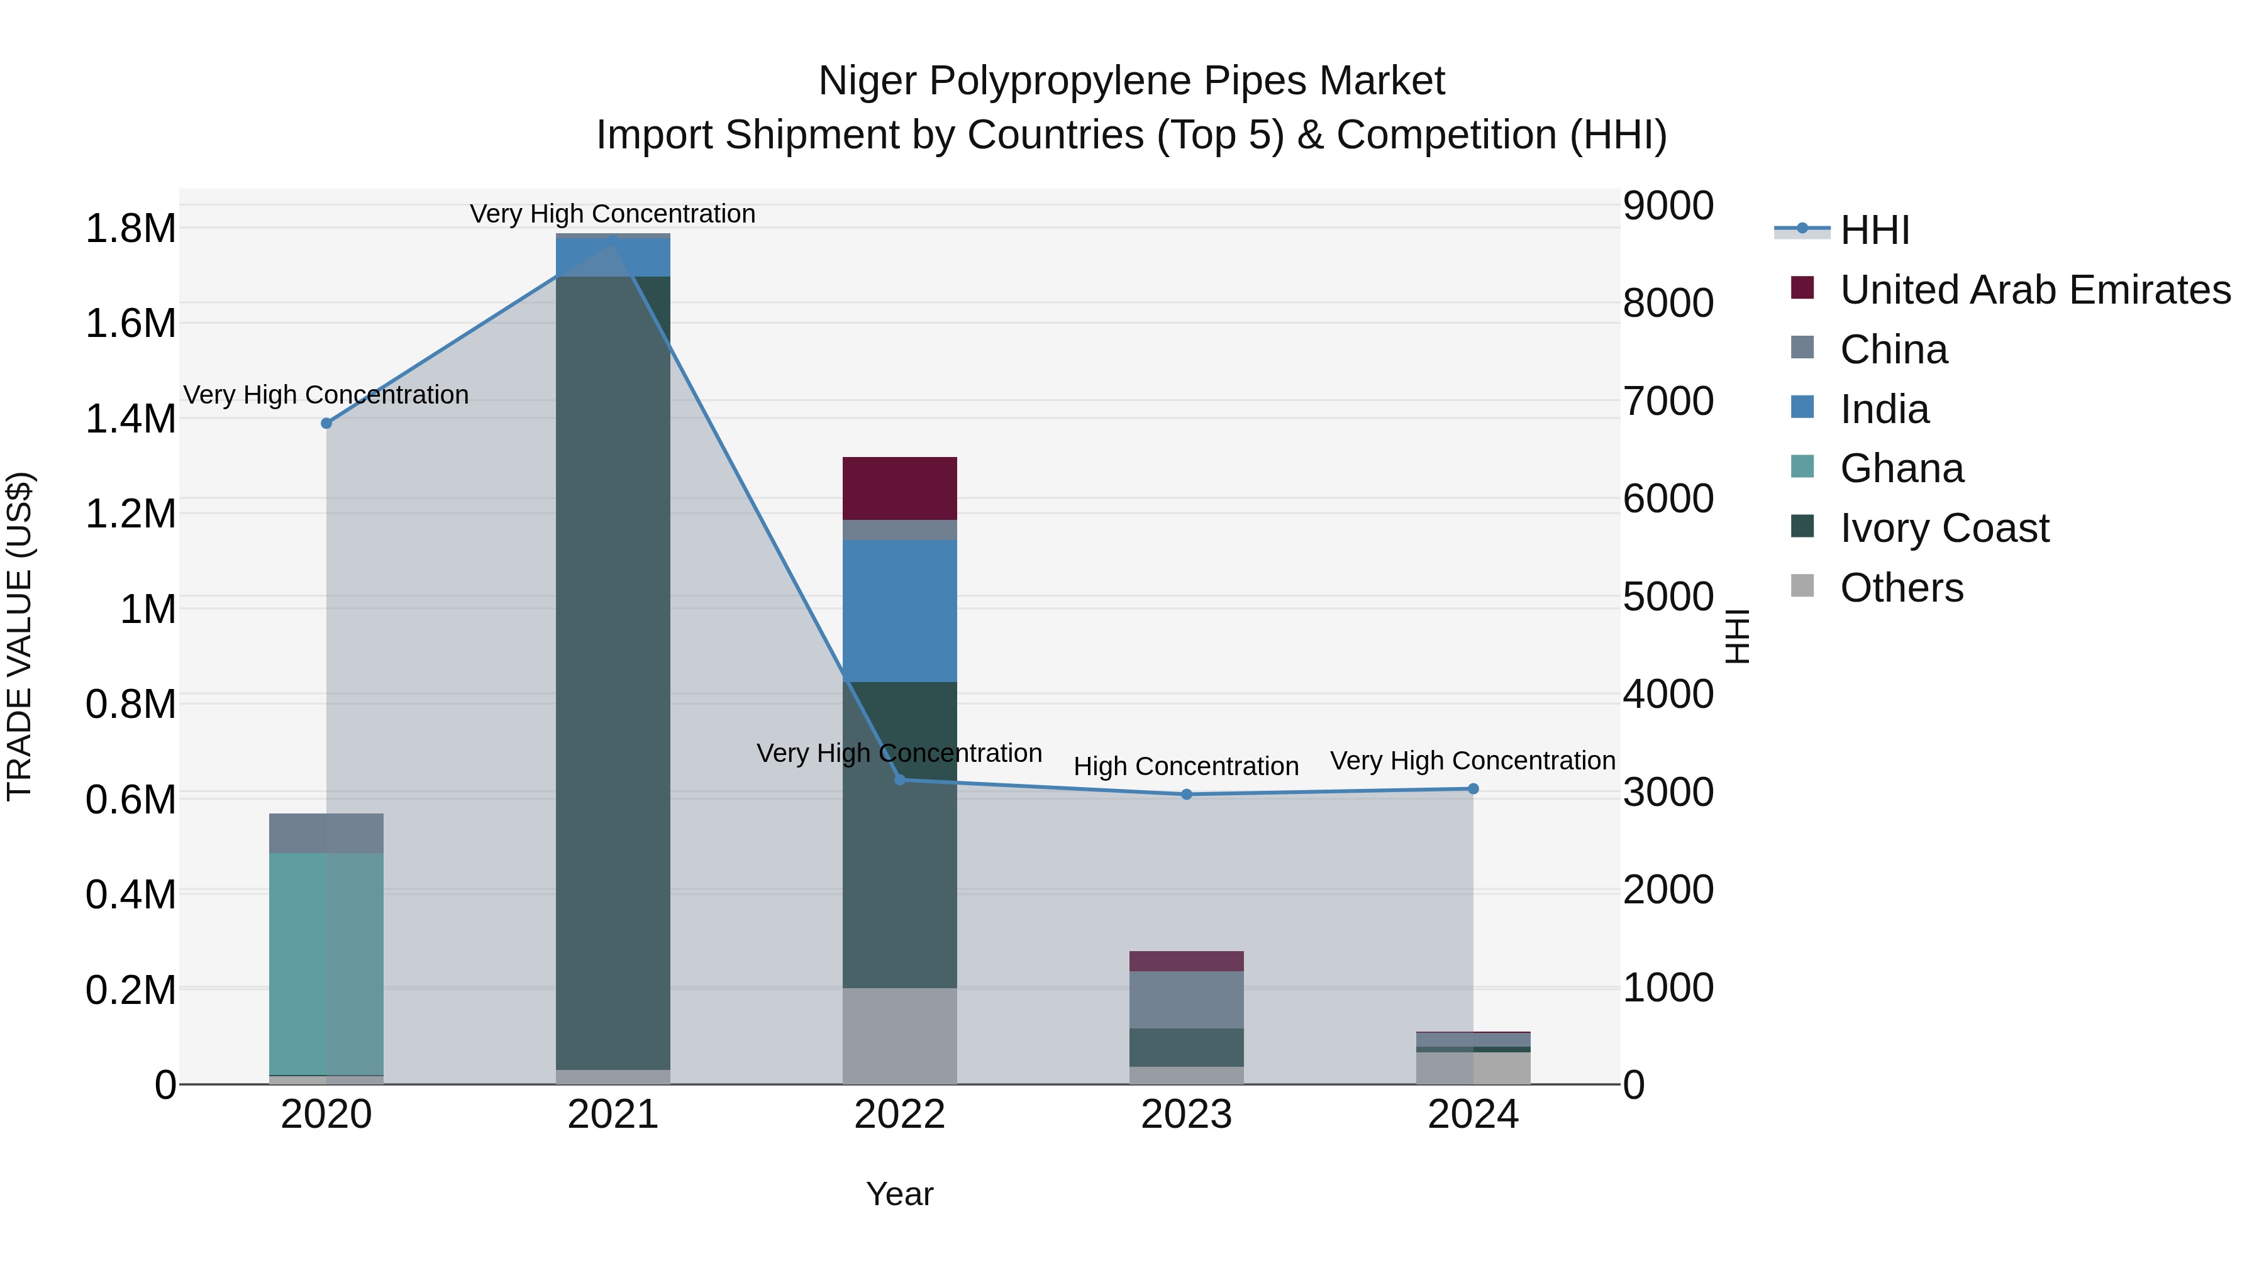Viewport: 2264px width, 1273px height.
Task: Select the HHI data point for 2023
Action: (1187, 794)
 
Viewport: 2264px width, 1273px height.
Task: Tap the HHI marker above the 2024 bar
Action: (1473, 789)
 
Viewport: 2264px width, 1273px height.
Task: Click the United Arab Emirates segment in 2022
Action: (899, 488)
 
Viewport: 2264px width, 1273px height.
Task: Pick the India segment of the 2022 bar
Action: (899, 610)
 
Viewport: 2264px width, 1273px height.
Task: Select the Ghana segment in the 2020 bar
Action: (326, 963)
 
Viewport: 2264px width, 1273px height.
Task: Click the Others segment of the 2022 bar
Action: (899, 1036)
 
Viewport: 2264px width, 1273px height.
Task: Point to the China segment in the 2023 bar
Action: (1187, 1000)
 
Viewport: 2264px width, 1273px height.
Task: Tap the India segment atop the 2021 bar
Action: (613, 256)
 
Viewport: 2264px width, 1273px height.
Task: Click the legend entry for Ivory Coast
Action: (1944, 529)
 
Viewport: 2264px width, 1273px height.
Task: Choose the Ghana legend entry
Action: (1901, 469)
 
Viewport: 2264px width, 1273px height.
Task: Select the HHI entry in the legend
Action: (1874, 230)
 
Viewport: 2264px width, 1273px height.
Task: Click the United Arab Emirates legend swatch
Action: (1802, 288)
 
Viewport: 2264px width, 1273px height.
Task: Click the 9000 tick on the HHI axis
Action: (1667, 206)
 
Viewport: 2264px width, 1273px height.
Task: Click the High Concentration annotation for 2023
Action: (1185, 766)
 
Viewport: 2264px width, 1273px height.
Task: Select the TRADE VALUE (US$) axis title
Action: (20, 636)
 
